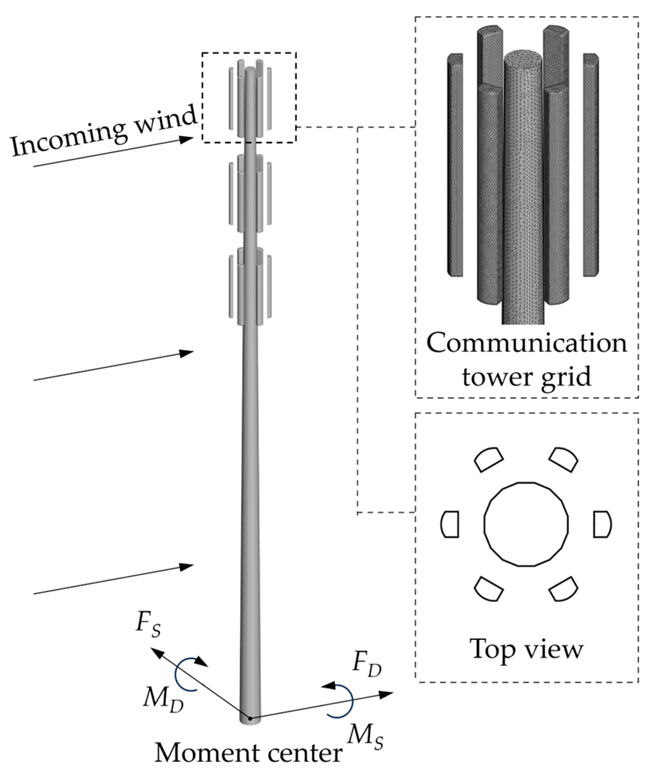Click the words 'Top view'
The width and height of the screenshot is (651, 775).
pos(526,648)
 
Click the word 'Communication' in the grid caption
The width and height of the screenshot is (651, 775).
pos(527,343)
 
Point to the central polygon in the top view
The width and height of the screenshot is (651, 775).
pos(526,524)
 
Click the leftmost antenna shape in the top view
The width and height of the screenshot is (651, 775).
pos(450,524)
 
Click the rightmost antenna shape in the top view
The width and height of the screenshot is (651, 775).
pos(602,524)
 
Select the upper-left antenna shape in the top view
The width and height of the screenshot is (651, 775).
pos(488,460)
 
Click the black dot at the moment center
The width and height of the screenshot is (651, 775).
pos(250,718)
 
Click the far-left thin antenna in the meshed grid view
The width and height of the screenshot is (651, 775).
pos(455,165)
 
